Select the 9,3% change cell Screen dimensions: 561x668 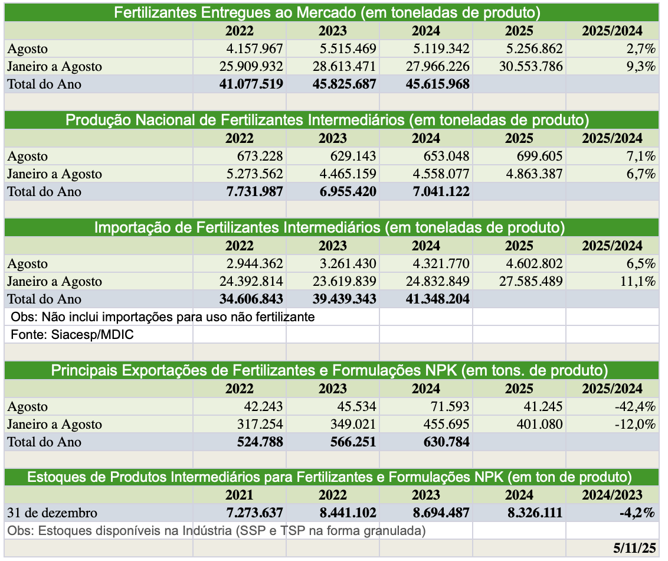(640, 66)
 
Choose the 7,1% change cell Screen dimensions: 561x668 (640, 156)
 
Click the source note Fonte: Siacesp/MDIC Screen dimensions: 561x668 (73, 335)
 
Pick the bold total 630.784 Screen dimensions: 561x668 (446, 442)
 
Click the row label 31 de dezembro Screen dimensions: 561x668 (52, 513)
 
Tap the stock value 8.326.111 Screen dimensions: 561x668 (533, 513)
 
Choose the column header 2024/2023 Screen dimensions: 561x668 (612, 495)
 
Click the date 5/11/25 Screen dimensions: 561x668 (634, 548)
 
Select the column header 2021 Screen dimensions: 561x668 (239, 495)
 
